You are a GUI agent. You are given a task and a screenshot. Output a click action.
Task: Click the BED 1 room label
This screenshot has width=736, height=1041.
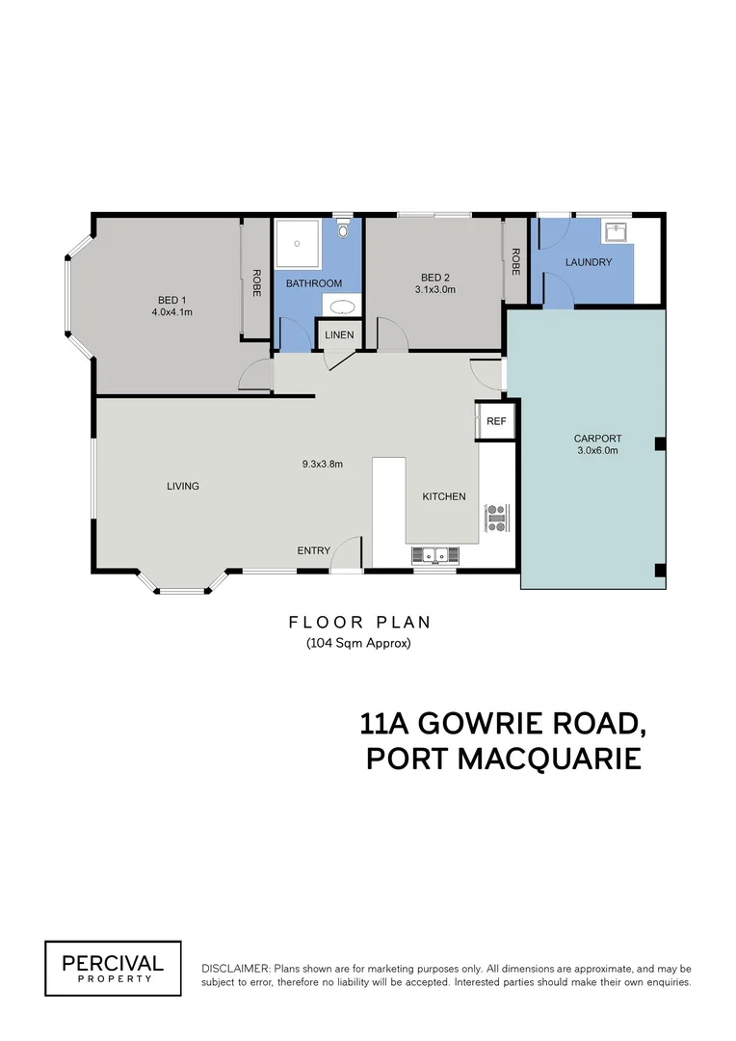172,300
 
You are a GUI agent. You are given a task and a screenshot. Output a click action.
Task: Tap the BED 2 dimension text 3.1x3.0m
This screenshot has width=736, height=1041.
434,288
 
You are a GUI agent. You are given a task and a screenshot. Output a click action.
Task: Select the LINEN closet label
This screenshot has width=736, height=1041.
339,335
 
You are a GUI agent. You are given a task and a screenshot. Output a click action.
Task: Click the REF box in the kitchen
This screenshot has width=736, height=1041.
496,421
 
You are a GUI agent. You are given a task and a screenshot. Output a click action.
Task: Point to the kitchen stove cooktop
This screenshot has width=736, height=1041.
497,519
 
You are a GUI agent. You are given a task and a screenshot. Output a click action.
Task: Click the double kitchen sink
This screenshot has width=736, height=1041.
436,554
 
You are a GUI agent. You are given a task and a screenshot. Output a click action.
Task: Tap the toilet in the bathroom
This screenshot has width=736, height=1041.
344,227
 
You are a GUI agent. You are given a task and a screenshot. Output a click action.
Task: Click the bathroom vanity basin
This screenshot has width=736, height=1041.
341,307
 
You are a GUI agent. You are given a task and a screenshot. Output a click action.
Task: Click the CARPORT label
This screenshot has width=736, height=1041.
597,439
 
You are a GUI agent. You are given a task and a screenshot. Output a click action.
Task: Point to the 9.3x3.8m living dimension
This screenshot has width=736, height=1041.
323,464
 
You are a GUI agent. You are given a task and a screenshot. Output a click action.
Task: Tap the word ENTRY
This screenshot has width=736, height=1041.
313,550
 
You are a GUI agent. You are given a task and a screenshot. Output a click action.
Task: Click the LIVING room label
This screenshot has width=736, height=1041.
183,486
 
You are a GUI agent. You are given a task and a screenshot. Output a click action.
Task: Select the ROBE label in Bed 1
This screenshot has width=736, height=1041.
256,281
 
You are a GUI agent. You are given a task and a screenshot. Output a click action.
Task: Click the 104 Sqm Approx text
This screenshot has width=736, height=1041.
358,643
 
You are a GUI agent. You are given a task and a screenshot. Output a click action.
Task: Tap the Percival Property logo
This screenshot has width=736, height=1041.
113,968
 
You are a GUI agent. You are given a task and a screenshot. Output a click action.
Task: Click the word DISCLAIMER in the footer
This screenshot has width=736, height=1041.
235,968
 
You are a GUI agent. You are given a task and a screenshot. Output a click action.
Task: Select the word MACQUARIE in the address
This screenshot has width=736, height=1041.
550,758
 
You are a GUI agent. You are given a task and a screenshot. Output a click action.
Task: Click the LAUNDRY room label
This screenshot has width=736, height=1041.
588,262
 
